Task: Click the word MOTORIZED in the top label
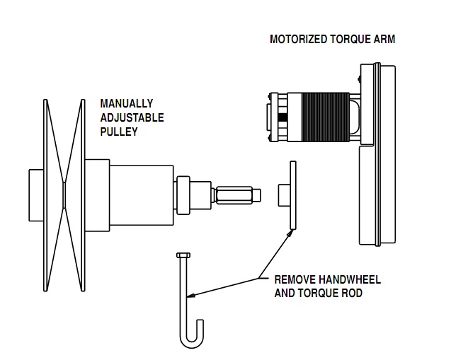tap(297, 40)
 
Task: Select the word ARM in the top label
tap(385, 40)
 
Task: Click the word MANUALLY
tap(126, 103)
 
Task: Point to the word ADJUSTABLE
tap(132, 117)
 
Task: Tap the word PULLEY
tap(118, 132)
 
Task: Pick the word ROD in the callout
tap(352, 292)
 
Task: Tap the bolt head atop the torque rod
tap(182, 255)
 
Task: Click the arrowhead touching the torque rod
tap(190, 294)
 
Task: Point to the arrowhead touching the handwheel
tap(290, 231)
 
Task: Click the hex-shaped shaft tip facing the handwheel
tap(236, 194)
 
